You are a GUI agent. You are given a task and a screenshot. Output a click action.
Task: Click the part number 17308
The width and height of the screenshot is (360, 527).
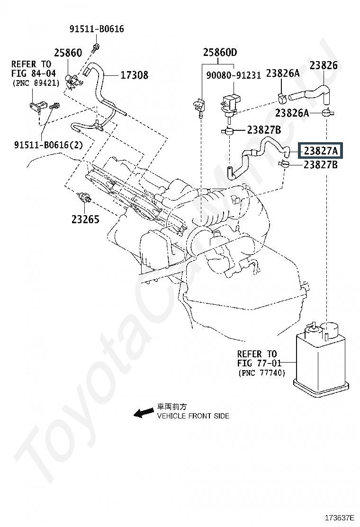pos(134,75)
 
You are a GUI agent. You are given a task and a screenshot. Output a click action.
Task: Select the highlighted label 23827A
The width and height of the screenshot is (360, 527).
pos(321,151)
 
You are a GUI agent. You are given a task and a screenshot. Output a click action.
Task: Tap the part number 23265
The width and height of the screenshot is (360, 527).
pos(85,219)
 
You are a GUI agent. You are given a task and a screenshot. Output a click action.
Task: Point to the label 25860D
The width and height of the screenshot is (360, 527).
pos(220,53)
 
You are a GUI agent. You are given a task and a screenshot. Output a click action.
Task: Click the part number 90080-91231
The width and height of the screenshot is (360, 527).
pos(234,75)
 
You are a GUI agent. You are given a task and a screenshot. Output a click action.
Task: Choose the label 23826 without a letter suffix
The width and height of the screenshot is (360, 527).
pos(324,65)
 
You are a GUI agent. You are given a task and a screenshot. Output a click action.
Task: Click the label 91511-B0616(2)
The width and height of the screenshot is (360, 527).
pos(48,145)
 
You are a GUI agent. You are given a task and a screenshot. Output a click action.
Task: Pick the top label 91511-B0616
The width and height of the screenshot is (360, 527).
pos(97,29)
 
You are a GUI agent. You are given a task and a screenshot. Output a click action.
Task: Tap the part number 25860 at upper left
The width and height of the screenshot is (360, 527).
pos(68,53)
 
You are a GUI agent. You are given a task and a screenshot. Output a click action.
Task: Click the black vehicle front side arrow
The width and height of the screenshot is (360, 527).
pos(144,413)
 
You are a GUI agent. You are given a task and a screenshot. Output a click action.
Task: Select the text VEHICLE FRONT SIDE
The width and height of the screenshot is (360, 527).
pos(193,416)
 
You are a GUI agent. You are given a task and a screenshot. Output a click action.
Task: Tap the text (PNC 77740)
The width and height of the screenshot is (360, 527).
pos(261,373)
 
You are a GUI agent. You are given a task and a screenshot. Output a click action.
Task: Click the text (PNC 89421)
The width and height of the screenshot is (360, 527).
pos(36,82)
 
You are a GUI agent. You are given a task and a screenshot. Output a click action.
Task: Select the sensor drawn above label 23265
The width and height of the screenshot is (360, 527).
pos(84,197)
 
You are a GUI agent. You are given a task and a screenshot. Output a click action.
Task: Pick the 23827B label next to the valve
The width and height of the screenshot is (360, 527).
pos(264,130)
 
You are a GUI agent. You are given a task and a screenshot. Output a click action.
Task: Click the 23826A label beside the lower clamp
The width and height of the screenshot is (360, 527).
pos(292,113)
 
